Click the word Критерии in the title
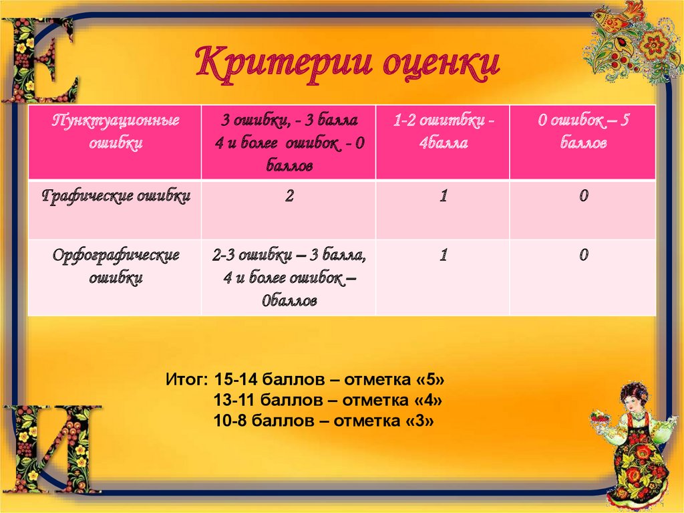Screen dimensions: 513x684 click(281, 64)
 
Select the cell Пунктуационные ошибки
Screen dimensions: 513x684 click(116, 132)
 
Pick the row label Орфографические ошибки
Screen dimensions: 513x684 click(116, 266)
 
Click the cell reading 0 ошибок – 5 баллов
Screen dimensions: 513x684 click(583, 132)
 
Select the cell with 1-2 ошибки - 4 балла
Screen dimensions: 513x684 click(443, 132)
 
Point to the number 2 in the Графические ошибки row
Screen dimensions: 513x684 click(289, 197)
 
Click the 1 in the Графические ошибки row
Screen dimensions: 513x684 click(443, 197)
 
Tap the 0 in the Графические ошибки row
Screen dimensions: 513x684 click(583, 197)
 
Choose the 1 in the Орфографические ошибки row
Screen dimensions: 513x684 click(443, 255)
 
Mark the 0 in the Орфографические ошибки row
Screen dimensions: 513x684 click(583, 255)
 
